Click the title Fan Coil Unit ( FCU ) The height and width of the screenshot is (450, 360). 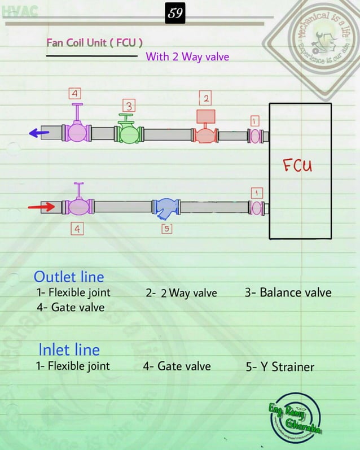click(x=94, y=43)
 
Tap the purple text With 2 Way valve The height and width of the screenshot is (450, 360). click(x=187, y=56)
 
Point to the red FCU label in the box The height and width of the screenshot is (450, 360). click(x=297, y=166)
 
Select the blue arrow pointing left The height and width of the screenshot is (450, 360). click(x=39, y=133)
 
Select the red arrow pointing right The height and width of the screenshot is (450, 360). click(x=41, y=207)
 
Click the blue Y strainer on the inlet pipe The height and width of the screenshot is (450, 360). click(x=166, y=207)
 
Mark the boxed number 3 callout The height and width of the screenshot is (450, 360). click(x=129, y=106)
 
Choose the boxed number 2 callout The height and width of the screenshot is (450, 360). click(x=207, y=99)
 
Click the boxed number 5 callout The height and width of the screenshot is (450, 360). click(x=166, y=228)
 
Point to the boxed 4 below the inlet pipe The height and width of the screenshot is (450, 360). click(x=77, y=229)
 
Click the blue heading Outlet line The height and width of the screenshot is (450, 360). click(x=69, y=277)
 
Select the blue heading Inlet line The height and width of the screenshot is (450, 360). click(x=69, y=349)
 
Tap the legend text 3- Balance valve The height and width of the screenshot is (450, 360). click(x=288, y=292)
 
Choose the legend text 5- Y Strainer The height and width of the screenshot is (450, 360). click(x=280, y=366)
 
